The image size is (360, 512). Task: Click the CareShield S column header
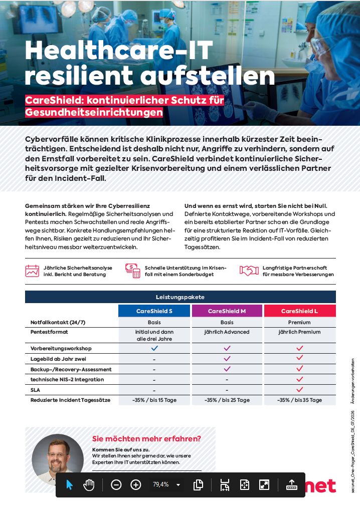point(154,311)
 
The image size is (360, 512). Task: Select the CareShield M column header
point(227,311)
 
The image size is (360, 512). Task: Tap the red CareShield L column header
point(299,311)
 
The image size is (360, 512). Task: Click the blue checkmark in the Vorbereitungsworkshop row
point(154,348)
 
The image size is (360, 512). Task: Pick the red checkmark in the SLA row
point(299,389)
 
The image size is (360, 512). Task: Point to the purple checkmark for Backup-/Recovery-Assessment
point(227,369)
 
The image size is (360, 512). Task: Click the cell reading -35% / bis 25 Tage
point(227,400)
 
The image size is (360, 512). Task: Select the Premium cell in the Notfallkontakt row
point(299,322)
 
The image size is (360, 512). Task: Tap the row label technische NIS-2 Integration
point(67,379)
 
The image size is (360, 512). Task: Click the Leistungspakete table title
point(180,297)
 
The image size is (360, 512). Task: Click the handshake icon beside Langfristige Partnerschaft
point(249,271)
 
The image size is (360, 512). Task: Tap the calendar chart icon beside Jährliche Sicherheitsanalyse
point(33,271)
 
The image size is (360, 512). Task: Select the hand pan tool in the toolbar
point(89,485)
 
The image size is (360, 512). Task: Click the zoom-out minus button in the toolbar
point(116,485)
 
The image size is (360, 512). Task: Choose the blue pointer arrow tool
point(69,485)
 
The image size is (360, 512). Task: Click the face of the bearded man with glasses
point(58,455)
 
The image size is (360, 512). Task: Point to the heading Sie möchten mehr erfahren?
point(146,438)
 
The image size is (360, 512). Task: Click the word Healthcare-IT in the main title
point(119,50)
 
